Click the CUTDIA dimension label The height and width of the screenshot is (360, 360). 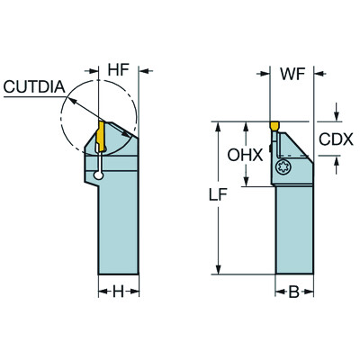pos(33,86)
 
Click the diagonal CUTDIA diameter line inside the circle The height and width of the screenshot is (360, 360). pos(85,112)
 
